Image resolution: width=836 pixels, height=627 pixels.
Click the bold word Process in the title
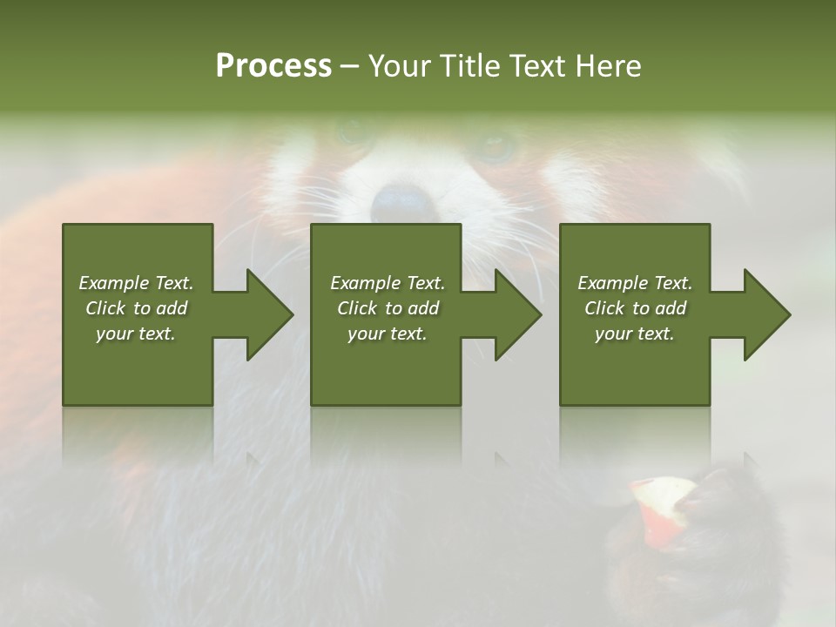(273, 66)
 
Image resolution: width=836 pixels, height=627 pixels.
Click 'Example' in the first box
(114, 283)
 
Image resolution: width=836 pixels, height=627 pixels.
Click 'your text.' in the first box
(136, 334)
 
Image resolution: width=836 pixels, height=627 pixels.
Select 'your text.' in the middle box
(387, 334)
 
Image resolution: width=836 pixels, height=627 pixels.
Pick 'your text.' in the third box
(634, 334)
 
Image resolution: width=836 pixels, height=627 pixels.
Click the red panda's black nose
(402, 203)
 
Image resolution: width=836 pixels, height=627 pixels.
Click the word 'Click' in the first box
(106, 308)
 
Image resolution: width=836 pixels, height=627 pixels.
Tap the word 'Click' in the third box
(605, 308)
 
